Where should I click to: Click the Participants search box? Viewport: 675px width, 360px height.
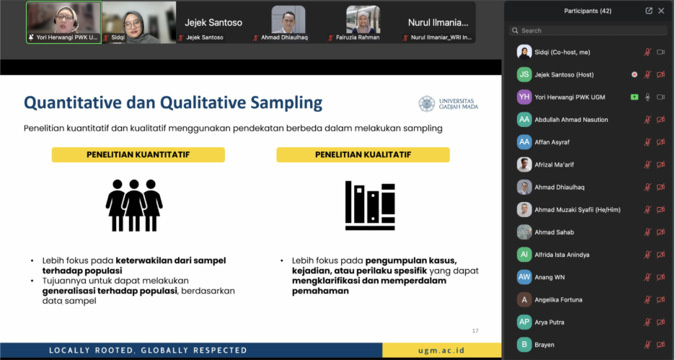tap(588, 30)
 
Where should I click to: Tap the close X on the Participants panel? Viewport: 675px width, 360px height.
tap(661, 11)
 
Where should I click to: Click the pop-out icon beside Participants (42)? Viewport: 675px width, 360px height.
tap(649, 11)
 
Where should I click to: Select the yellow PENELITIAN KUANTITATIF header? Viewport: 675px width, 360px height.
tap(138, 154)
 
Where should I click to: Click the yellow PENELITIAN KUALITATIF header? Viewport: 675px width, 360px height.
tap(363, 154)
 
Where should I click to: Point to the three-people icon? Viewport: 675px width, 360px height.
tap(134, 206)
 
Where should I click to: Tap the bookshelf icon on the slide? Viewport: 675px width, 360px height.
tap(370, 206)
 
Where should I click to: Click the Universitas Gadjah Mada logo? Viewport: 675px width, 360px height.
tap(448, 104)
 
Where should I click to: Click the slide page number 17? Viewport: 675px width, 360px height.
tap(475, 330)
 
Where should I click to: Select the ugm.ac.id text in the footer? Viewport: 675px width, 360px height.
tap(441, 350)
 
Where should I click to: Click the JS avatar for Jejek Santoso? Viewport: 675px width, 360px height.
tap(524, 74)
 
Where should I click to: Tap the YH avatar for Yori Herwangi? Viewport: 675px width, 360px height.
tap(524, 97)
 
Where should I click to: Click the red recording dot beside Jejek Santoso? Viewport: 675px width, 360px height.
tap(634, 74)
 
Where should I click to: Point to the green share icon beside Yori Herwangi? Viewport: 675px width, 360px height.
tap(634, 97)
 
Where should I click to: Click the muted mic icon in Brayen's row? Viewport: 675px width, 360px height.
tap(648, 345)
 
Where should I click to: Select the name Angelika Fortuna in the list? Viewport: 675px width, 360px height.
tap(558, 299)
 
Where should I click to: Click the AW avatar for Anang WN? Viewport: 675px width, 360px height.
tap(524, 277)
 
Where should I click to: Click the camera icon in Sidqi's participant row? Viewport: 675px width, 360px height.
tap(661, 52)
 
